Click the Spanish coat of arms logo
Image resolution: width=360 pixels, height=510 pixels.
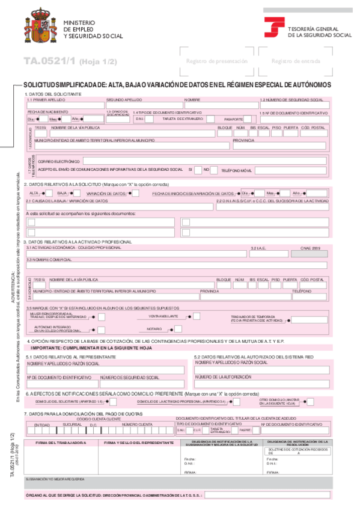(x=39, y=26)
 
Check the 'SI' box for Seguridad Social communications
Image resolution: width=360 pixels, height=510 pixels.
(x=197, y=170)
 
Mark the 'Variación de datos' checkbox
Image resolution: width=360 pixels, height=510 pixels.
(x=136, y=193)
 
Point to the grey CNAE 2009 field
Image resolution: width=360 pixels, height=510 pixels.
(x=309, y=253)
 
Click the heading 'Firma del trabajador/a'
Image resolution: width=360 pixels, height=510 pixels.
(x=59, y=443)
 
